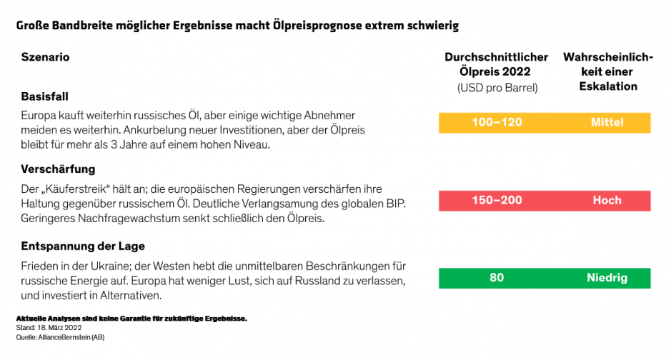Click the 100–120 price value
click(497, 122)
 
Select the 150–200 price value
click(497, 200)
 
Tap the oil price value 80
click(497, 278)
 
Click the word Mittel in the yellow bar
click(607, 122)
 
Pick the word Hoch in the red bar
click(607, 200)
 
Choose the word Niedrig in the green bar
click(607, 278)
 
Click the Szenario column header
click(45, 57)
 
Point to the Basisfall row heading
click(44, 96)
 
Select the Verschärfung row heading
click(58, 170)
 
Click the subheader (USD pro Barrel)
click(497, 88)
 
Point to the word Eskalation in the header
click(607, 86)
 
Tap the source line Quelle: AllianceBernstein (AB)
click(60, 337)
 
